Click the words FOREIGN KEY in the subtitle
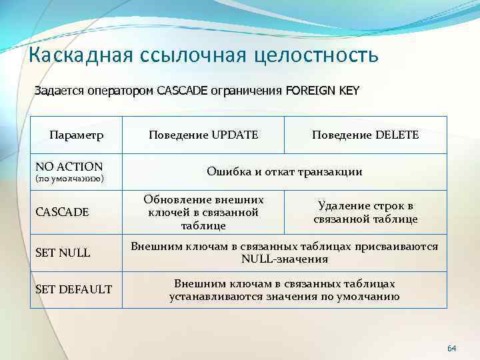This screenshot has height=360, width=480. coord(322,91)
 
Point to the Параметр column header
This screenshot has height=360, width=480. coord(76,135)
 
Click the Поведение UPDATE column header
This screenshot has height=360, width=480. coord(203,135)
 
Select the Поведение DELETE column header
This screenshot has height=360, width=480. coord(365,135)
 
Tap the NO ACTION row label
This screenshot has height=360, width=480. coord(69,166)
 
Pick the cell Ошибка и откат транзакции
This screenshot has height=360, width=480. coord(285,172)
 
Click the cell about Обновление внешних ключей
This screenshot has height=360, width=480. coord(203,212)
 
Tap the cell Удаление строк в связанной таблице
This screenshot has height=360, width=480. coord(365,212)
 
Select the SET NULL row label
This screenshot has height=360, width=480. coord(63,253)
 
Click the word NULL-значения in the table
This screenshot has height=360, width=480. coord(285,259)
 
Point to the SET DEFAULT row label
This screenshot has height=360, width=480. coord(73,289)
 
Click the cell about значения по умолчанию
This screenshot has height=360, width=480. coord(285,290)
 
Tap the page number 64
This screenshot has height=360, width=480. coord(451,349)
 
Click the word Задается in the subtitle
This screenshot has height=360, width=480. coord(58,91)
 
